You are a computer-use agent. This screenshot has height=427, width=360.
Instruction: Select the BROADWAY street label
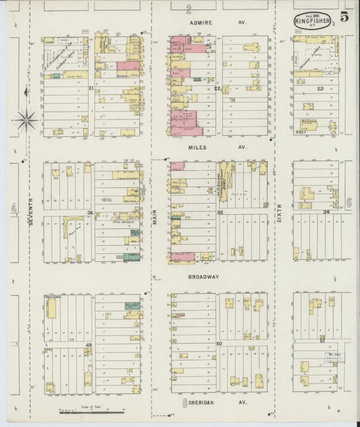[x=203, y=277]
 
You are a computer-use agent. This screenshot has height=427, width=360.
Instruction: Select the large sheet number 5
[x=344, y=17]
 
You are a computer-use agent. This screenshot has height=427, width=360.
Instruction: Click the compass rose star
[x=26, y=120]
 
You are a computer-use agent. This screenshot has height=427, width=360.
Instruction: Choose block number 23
[x=320, y=89]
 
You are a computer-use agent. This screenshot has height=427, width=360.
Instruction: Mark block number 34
[x=326, y=212]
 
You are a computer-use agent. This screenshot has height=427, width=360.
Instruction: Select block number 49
[x=88, y=345]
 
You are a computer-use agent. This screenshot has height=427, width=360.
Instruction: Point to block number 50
[x=220, y=344]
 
